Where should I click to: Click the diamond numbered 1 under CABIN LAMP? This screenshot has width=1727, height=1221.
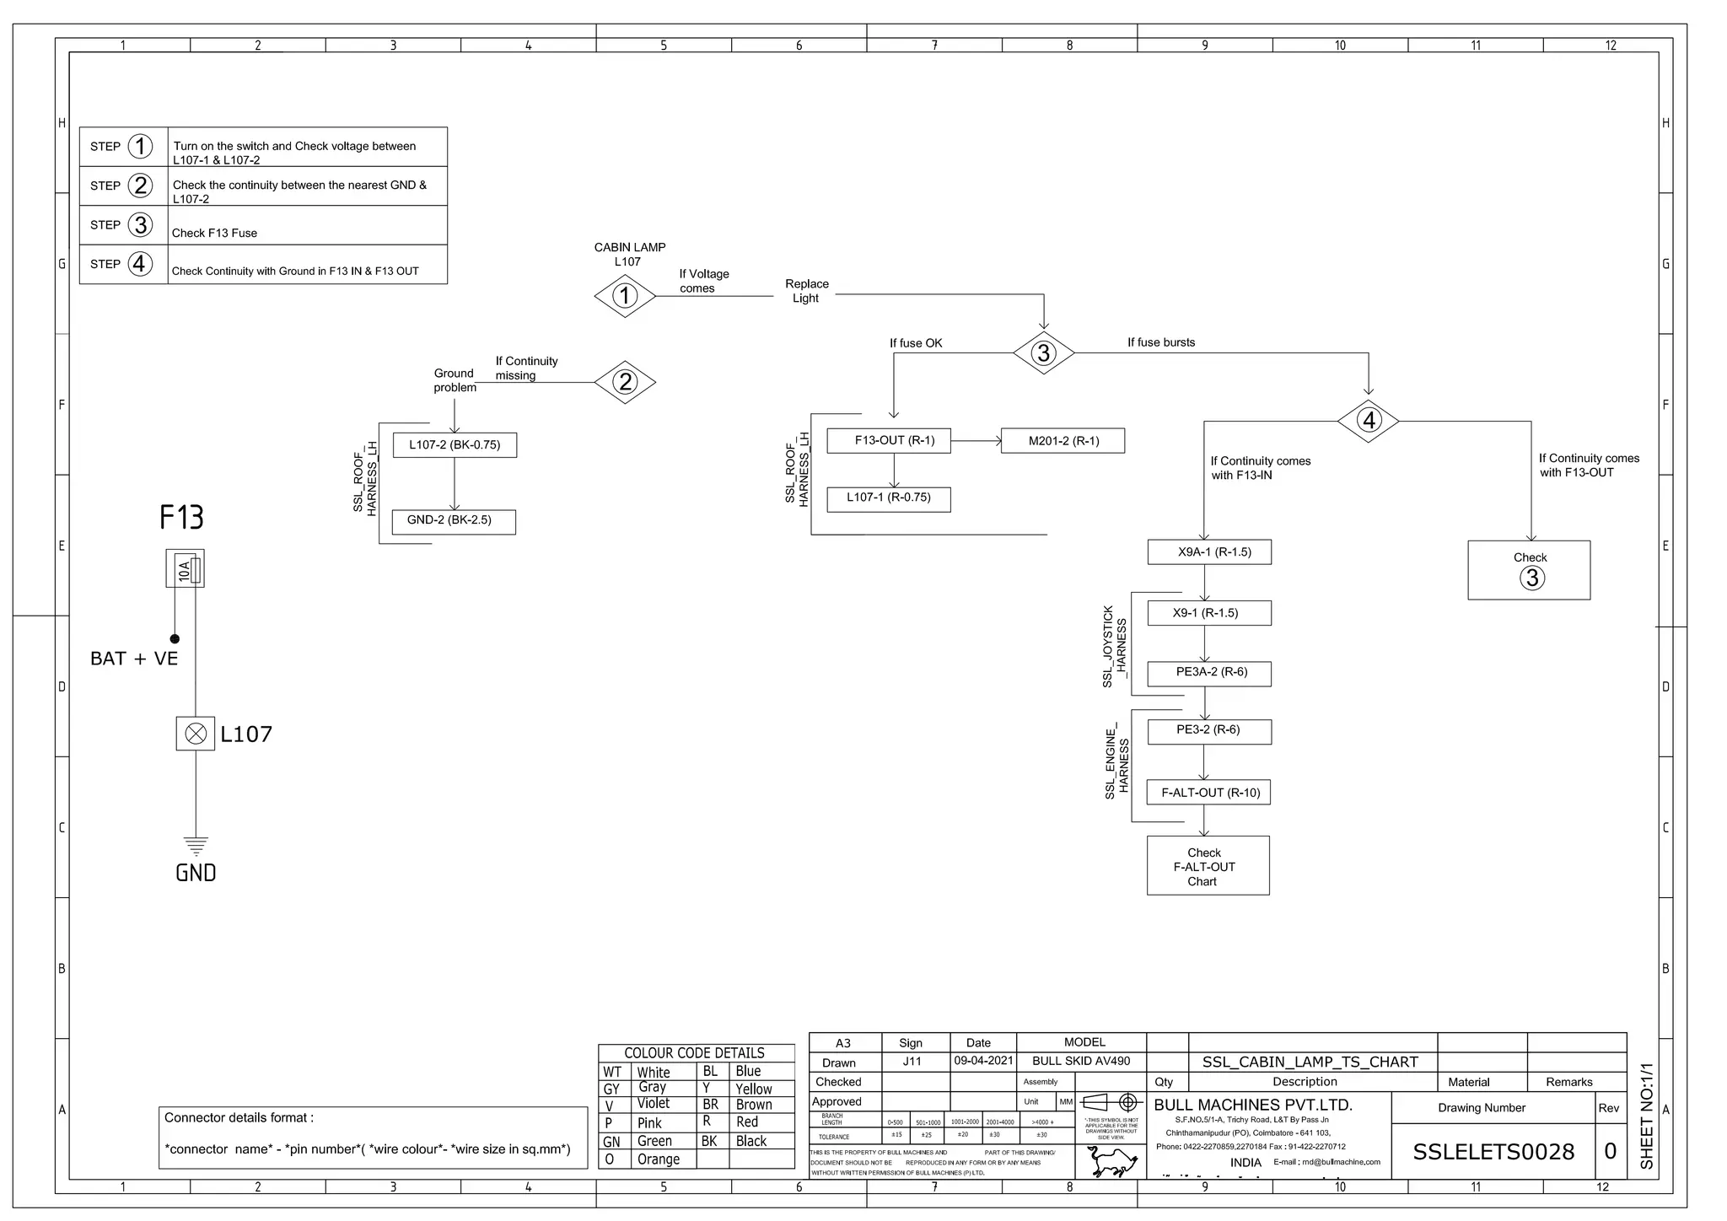pos(625,296)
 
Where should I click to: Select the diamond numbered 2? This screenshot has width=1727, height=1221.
pos(625,382)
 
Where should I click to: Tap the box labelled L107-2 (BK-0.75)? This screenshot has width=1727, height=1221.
pos(455,445)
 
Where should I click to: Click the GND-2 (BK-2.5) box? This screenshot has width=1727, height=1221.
pos(454,521)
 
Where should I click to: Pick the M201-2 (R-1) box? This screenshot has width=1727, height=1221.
pos(1063,441)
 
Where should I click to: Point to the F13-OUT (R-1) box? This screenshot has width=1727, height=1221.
pos(889,441)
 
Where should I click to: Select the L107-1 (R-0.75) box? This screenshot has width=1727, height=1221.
pos(889,498)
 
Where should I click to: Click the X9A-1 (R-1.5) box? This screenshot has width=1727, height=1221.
pos(1209,552)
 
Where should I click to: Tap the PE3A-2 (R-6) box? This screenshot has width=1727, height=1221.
pos(1209,673)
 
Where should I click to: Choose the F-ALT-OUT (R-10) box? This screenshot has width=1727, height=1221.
pos(1209,793)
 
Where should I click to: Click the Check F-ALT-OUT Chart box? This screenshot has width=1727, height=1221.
pos(1208,867)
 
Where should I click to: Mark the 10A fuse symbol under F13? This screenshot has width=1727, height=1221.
pos(186,569)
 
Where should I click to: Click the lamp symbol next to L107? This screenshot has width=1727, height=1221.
pos(196,734)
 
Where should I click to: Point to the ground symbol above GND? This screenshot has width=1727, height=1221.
pos(196,846)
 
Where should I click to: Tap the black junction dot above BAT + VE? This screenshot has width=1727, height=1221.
pos(175,639)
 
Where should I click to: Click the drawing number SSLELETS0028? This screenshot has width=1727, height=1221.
pos(1493,1152)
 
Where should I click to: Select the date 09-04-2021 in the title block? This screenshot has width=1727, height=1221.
pos(983,1061)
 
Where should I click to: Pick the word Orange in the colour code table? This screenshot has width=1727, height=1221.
pos(658,1159)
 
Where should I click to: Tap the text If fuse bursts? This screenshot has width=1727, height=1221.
pos(1161,342)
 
